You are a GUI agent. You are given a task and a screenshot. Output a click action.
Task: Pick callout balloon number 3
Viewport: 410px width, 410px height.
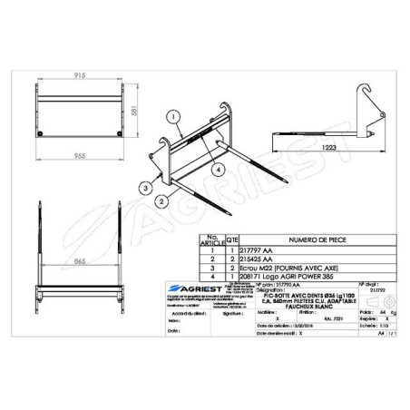tap(143, 187)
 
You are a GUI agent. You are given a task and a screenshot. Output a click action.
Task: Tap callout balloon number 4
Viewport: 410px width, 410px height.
tap(218, 169)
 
